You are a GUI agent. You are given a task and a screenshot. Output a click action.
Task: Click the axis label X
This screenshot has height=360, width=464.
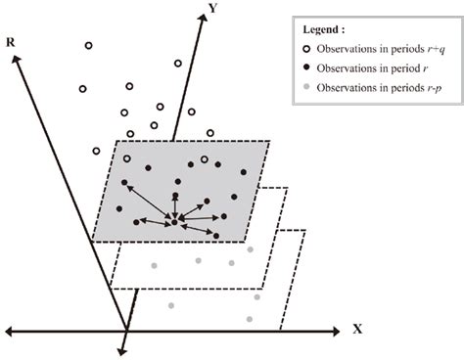click(x=357, y=330)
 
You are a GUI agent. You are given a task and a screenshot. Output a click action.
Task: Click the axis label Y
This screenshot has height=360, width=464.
click(x=210, y=8)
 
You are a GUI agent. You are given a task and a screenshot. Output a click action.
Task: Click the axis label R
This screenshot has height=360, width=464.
click(x=9, y=45)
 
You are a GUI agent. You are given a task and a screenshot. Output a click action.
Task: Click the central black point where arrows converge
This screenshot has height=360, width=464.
click(x=174, y=223)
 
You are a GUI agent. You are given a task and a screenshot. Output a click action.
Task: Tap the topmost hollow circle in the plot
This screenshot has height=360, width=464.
click(x=88, y=46)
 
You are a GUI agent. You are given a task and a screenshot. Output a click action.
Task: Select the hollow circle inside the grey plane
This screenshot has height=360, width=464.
click(x=204, y=158)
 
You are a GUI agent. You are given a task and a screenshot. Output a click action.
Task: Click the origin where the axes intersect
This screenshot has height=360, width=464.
click(x=125, y=330)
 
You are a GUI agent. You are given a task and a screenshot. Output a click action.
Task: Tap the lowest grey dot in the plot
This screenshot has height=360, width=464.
click(x=251, y=320)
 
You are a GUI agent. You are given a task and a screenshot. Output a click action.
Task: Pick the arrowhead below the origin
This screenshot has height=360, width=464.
click(x=124, y=348)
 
